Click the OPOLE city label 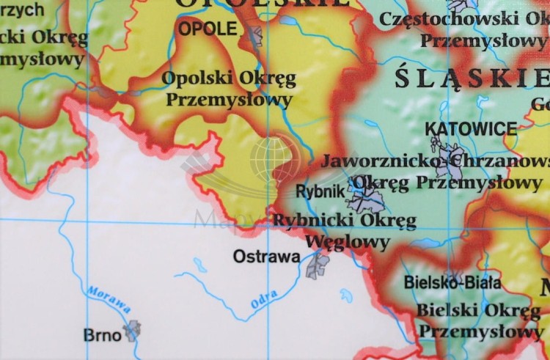(208, 29)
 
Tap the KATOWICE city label (470, 129)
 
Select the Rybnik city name (320, 191)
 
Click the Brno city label (102, 335)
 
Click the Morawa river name (109, 300)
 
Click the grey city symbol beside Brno (132, 330)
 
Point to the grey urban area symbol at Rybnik (365, 198)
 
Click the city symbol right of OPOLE (254, 34)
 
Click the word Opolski (191, 78)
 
